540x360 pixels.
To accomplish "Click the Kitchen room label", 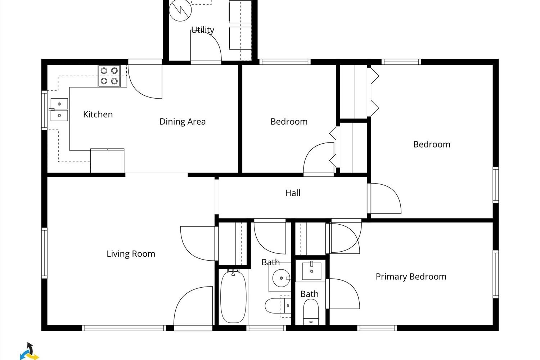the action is (98, 114).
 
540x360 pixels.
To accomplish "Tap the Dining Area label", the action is (183, 122).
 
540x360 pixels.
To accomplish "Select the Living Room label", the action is (131, 254).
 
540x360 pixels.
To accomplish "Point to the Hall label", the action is (293, 193).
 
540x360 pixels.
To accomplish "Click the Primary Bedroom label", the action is (411, 276).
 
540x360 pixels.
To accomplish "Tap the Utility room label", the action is (202, 30).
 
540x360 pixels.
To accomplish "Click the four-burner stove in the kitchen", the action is (109, 76).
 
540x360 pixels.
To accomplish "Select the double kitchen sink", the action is (59, 109).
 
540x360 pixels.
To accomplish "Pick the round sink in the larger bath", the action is (281, 278).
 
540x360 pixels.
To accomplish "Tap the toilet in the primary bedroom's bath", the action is (311, 311).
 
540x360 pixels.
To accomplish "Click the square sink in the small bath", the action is (311, 271).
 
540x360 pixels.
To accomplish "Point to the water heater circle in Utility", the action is (180, 10).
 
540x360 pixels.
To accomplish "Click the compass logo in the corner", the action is (30, 352).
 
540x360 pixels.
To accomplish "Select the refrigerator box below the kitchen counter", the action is (107, 161).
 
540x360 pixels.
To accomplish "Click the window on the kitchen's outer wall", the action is (44, 111).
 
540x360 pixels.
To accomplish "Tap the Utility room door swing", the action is (206, 46).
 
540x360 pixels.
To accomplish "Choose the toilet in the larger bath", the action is (278, 306).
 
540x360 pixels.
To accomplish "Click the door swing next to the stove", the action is (145, 82).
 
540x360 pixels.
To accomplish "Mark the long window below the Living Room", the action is (124, 328).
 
